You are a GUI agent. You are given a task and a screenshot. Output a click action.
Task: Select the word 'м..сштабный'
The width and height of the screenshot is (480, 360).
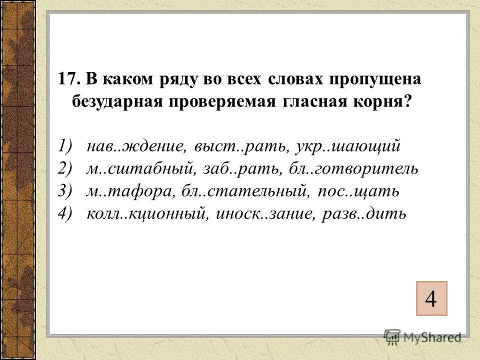tap(138, 169)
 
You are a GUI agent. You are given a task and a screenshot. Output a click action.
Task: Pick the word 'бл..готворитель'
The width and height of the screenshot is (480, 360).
tap(352, 169)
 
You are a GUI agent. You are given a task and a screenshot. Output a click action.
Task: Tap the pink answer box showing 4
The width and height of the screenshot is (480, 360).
tap(430, 299)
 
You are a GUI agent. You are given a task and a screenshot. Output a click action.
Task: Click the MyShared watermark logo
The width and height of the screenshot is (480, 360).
tap(423, 336)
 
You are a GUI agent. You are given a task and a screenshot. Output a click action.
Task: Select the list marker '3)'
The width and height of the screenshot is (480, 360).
tap(66, 191)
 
